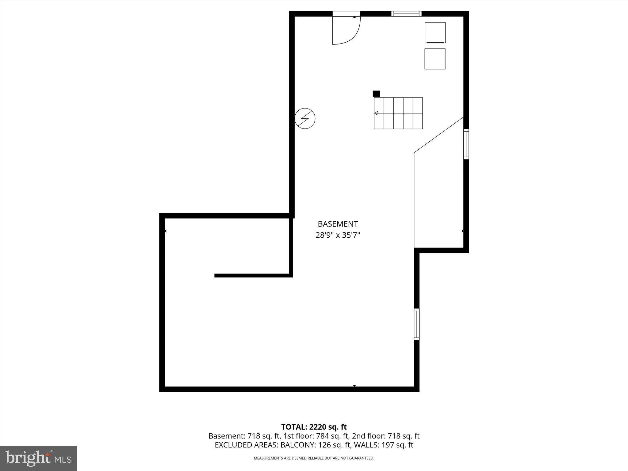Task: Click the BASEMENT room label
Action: [x=338, y=224]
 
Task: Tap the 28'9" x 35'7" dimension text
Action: [x=338, y=235]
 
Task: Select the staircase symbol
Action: [x=398, y=113]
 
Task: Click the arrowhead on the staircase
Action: [x=376, y=113]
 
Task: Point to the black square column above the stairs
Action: [x=376, y=94]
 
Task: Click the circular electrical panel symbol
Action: [x=305, y=118]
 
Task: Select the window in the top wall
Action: [x=406, y=14]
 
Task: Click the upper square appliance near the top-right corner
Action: [x=435, y=33]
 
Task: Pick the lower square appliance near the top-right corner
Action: [x=435, y=59]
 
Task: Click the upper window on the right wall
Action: [x=466, y=144]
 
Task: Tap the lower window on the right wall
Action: [x=417, y=324]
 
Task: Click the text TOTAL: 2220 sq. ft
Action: [x=314, y=427]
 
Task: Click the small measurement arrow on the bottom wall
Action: [x=354, y=386]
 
